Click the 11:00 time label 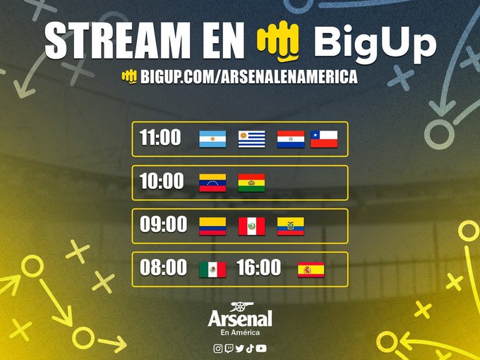[x=160, y=138]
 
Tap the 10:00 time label [x=161, y=181]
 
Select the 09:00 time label [x=163, y=224]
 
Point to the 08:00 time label [x=163, y=268]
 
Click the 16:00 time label [x=258, y=268]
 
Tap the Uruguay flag [x=251, y=138]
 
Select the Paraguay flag [x=290, y=138]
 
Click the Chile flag [x=324, y=138]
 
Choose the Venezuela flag [x=212, y=182]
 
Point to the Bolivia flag [x=251, y=182]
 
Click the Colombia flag [x=212, y=226]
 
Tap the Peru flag [x=251, y=226]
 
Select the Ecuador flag [x=290, y=226]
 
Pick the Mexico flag [x=212, y=269]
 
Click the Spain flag [x=311, y=269]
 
